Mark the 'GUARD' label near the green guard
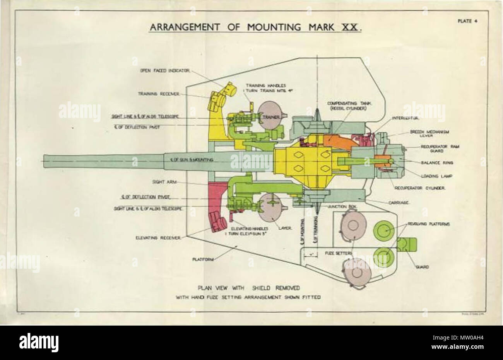tap(421, 266)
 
